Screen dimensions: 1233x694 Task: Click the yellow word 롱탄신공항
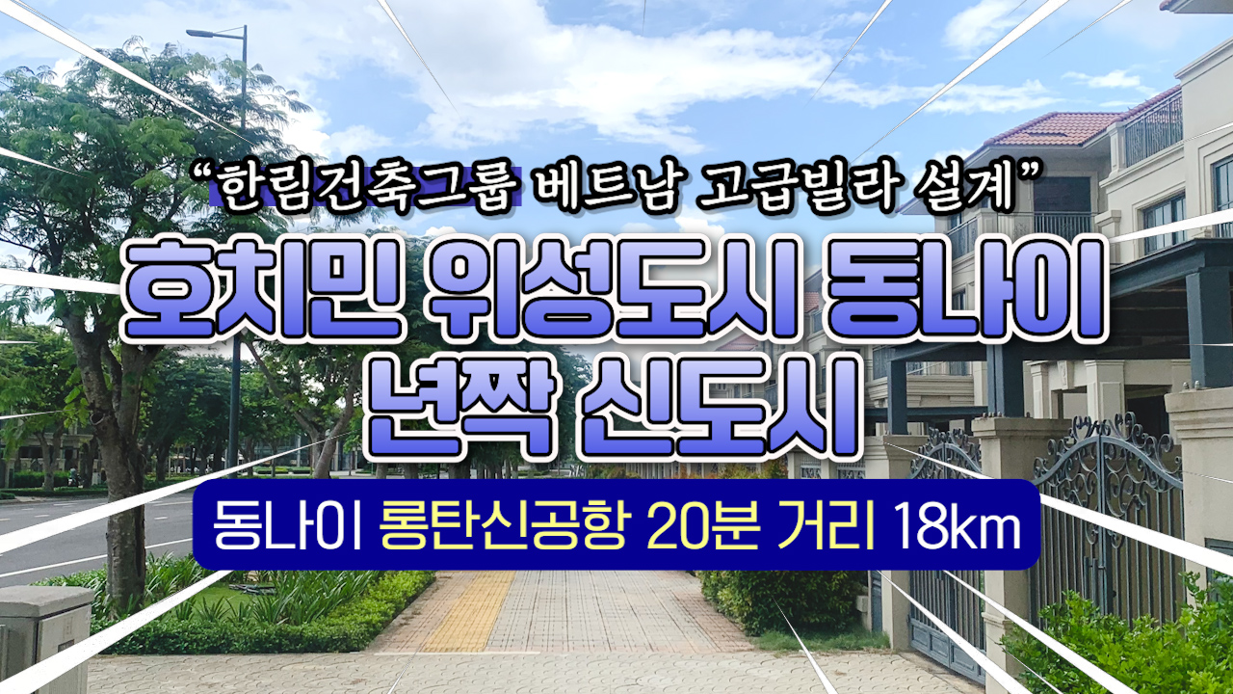[503, 526]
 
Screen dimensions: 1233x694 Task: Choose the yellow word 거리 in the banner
[826, 526]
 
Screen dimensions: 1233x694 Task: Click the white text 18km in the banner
[957, 526]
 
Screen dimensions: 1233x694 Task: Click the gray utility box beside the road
[46, 639]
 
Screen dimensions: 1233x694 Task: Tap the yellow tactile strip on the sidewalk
[468, 611]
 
